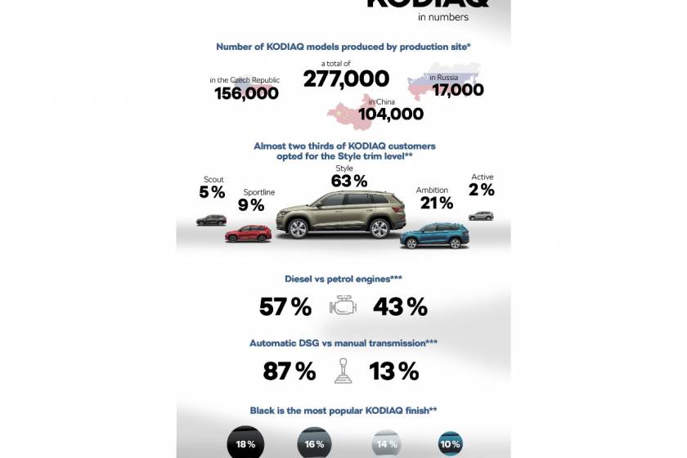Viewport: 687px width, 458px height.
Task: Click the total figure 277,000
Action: (346, 79)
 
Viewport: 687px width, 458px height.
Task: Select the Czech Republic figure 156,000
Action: (246, 93)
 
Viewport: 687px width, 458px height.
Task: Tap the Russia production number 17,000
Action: (458, 90)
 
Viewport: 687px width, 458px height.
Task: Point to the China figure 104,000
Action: (390, 114)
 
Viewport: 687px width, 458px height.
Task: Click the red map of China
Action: (350, 113)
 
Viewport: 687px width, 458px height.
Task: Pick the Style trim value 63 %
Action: (350, 181)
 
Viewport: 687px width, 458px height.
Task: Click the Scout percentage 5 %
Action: (212, 192)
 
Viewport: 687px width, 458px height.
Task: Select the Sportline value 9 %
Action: (252, 205)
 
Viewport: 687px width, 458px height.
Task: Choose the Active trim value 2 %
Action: (482, 190)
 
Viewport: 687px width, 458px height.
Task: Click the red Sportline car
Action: (248, 233)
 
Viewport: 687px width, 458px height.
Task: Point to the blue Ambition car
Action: (435, 235)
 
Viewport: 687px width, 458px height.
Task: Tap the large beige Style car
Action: (342, 214)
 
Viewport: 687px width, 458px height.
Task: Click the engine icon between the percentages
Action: (343, 307)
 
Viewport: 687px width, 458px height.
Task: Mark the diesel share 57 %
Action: (285, 307)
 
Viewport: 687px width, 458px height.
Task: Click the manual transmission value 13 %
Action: (393, 371)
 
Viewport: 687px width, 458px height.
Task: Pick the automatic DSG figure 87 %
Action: (289, 371)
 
